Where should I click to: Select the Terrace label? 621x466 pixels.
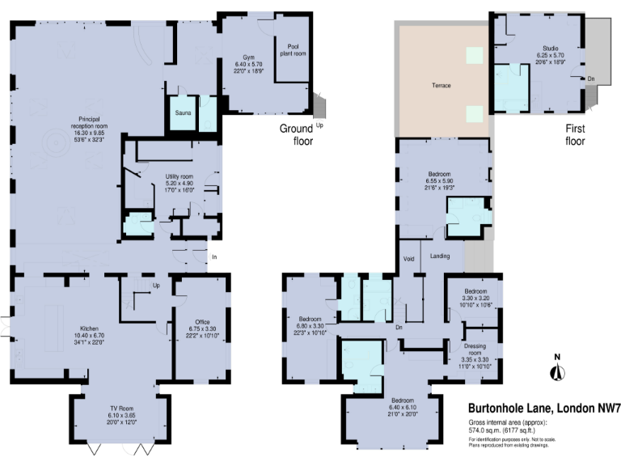click(x=441, y=86)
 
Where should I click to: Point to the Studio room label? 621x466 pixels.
click(x=548, y=48)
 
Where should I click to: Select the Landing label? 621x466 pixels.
click(x=441, y=257)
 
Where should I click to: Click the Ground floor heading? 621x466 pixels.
click(x=296, y=135)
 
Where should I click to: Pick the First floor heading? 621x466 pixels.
click(x=575, y=135)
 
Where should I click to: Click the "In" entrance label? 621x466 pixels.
click(x=214, y=257)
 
